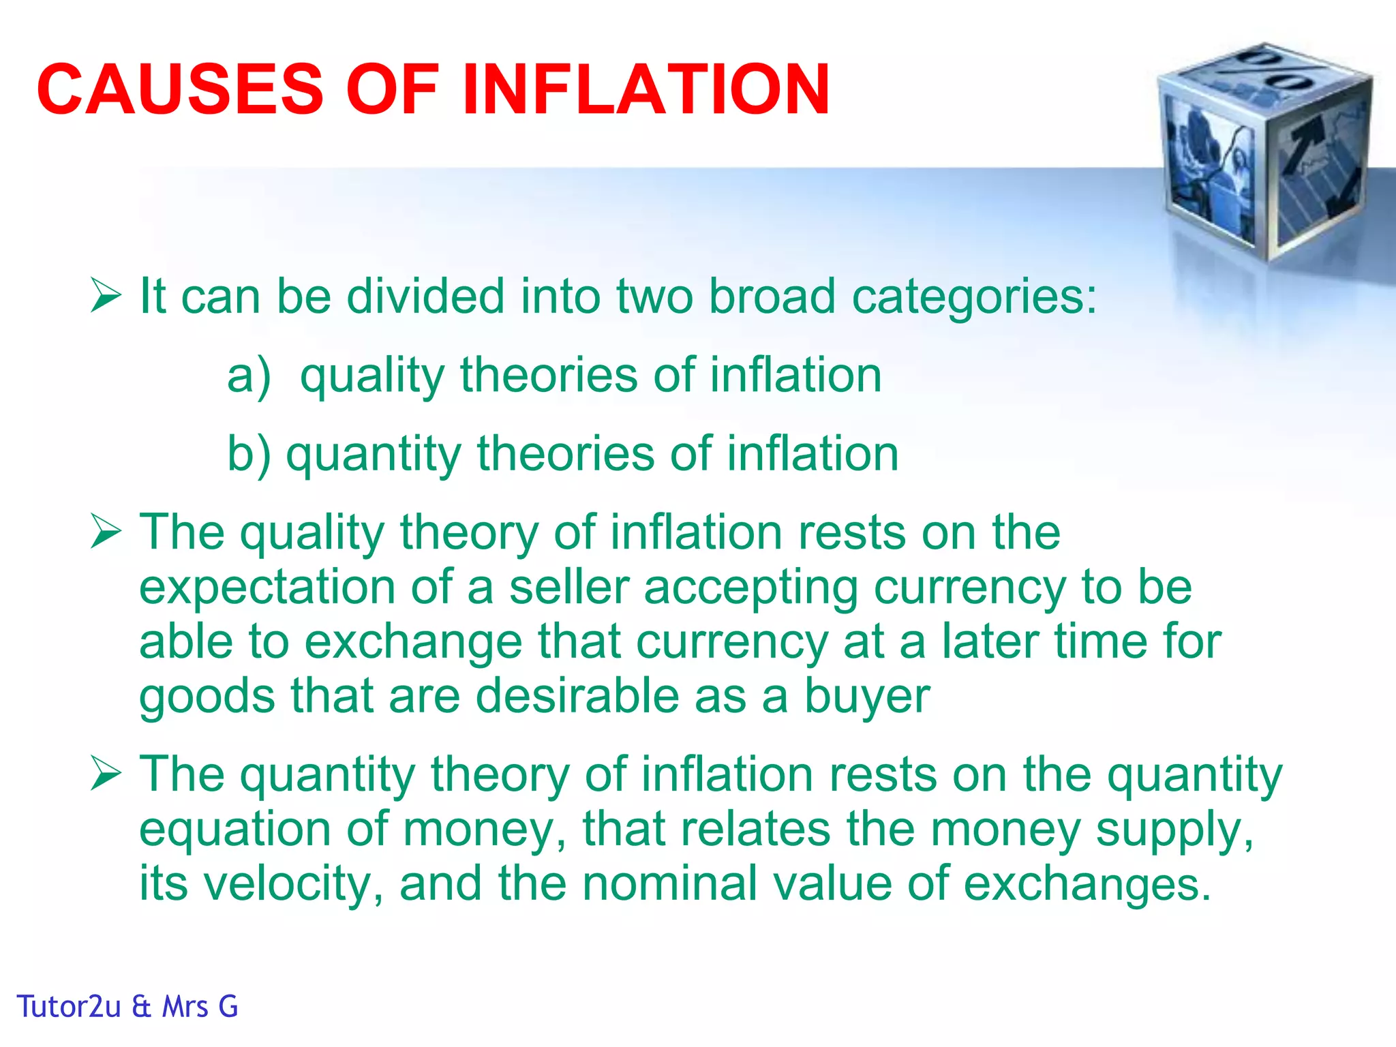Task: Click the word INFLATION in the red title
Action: click(x=646, y=89)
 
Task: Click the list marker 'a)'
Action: click(x=249, y=376)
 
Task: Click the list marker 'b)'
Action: click(x=249, y=454)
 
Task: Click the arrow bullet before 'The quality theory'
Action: click(x=106, y=532)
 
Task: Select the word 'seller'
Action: click(x=568, y=587)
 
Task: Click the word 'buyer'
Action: click(x=867, y=697)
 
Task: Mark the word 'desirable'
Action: click(x=577, y=696)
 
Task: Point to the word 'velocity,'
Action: click(x=294, y=884)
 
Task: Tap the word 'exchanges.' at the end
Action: click(x=1087, y=884)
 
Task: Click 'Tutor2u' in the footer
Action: click(x=69, y=1007)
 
